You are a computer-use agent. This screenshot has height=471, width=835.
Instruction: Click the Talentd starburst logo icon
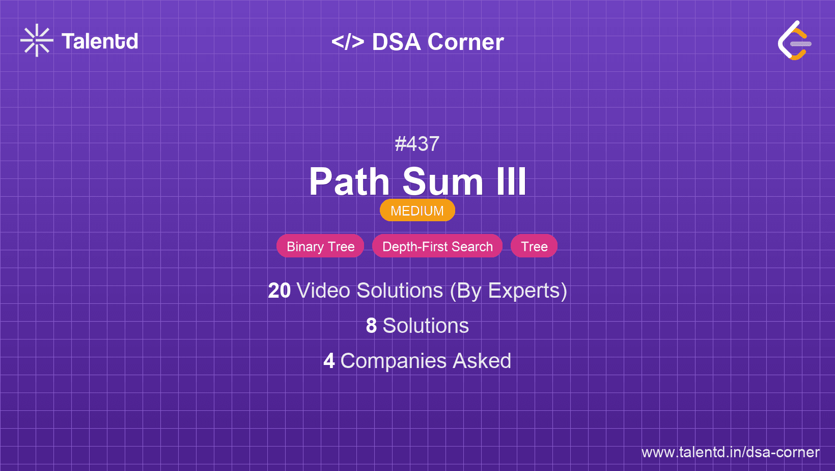click(37, 40)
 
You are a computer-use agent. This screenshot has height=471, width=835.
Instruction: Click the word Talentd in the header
click(100, 41)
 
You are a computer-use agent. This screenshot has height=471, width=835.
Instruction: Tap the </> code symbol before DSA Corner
click(348, 42)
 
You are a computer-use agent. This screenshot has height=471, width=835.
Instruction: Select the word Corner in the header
click(466, 42)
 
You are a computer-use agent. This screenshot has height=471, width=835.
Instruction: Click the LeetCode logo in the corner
click(794, 40)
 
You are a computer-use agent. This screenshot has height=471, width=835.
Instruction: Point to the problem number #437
click(417, 144)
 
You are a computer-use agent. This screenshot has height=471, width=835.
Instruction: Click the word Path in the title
click(349, 182)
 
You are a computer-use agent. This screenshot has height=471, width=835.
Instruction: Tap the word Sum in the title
click(442, 182)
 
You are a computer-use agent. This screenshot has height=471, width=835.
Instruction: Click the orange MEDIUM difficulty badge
click(417, 211)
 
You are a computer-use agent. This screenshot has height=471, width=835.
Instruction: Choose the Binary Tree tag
click(320, 246)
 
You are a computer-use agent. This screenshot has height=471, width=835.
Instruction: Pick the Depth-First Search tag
click(437, 246)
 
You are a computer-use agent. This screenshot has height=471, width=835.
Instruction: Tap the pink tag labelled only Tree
click(534, 246)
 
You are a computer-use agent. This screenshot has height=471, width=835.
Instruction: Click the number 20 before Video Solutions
click(279, 291)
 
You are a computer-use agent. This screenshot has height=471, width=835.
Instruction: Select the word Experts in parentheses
click(524, 291)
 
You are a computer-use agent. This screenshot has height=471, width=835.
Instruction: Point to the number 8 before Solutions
click(371, 326)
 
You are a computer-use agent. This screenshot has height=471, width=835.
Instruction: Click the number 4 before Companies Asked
click(329, 361)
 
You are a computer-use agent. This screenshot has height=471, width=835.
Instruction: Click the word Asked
click(482, 361)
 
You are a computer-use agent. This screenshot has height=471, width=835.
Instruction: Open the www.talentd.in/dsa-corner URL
click(730, 452)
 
